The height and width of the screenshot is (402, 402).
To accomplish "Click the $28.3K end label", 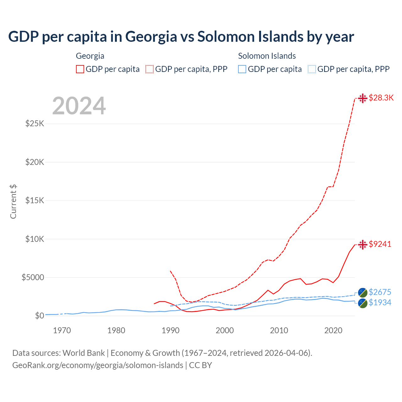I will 381,98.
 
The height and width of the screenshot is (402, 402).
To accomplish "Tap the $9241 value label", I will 380,244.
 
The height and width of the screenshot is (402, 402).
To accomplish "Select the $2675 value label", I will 380,292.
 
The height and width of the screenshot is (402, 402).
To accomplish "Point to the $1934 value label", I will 380,302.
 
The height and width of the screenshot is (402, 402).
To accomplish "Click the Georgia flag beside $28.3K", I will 363,98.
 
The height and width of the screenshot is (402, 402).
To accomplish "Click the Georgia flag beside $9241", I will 363,244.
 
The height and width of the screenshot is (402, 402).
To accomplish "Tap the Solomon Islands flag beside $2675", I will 363,292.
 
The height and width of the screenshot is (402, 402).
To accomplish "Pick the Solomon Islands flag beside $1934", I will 363,303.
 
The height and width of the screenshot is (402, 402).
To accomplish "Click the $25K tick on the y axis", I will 35,123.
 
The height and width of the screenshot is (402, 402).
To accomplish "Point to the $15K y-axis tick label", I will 35,200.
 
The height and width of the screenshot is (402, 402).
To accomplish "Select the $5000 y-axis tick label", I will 33,277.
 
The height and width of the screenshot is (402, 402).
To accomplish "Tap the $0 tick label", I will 39,316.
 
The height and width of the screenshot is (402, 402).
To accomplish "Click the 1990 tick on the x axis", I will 171,330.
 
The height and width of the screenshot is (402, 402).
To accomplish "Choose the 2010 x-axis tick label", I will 279,330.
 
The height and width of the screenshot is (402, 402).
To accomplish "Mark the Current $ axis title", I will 13,201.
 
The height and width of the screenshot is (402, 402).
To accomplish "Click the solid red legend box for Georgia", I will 80,69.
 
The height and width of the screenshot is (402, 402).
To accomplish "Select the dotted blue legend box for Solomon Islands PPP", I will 312,69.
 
